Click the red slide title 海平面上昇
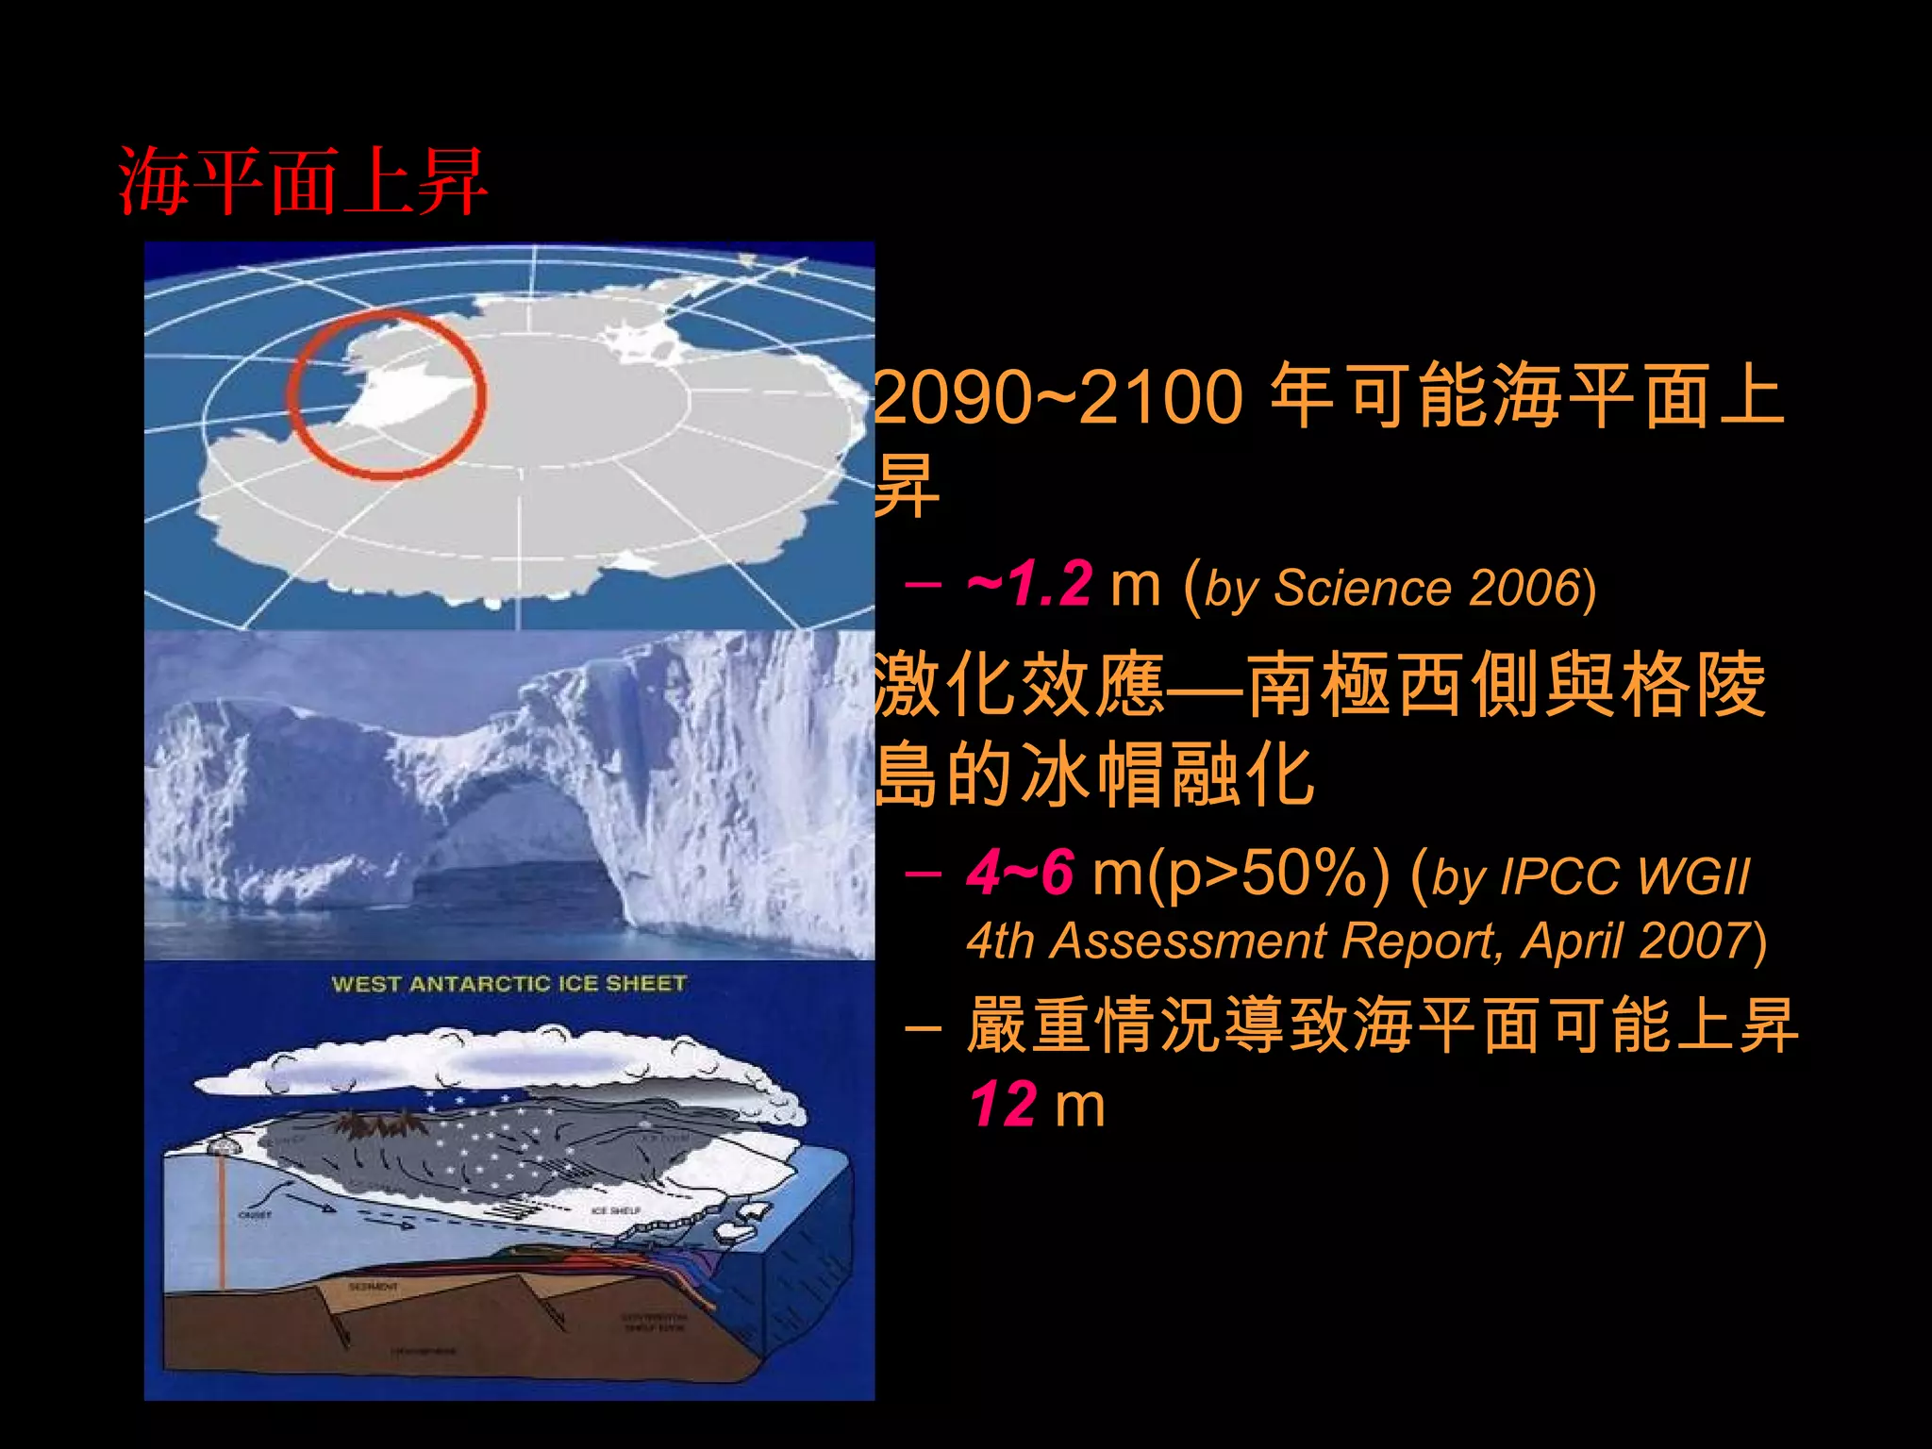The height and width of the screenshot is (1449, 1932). pos(302,181)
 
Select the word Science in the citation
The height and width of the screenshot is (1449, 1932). pos(1362,588)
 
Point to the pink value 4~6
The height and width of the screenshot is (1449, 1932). pos(1020,873)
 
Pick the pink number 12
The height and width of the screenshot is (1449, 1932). pos(1003,1105)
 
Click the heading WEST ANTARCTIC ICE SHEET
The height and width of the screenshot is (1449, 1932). pos(508,984)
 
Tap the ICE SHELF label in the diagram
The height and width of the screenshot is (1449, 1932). pos(616,1210)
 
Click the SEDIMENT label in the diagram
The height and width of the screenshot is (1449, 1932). pos(374,1287)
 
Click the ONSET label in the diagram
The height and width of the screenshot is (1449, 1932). pos(255,1215)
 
